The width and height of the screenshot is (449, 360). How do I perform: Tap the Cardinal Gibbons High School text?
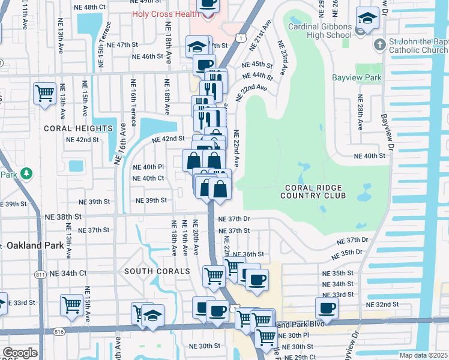[x=319, y=31]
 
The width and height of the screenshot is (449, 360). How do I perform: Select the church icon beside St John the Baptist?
[x=379, y=44]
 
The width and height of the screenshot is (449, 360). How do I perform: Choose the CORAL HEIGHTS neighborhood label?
[x=77, y=128]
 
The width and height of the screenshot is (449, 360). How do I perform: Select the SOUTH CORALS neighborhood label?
[x=157, y=271]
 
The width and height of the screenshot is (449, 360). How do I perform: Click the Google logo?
[x=20, y=353]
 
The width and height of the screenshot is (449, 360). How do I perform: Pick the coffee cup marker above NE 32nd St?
[x=327, y=308]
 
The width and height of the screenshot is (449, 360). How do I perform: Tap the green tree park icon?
[x=25, y=173]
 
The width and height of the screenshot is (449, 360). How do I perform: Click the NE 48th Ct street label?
[x=85, y=7]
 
